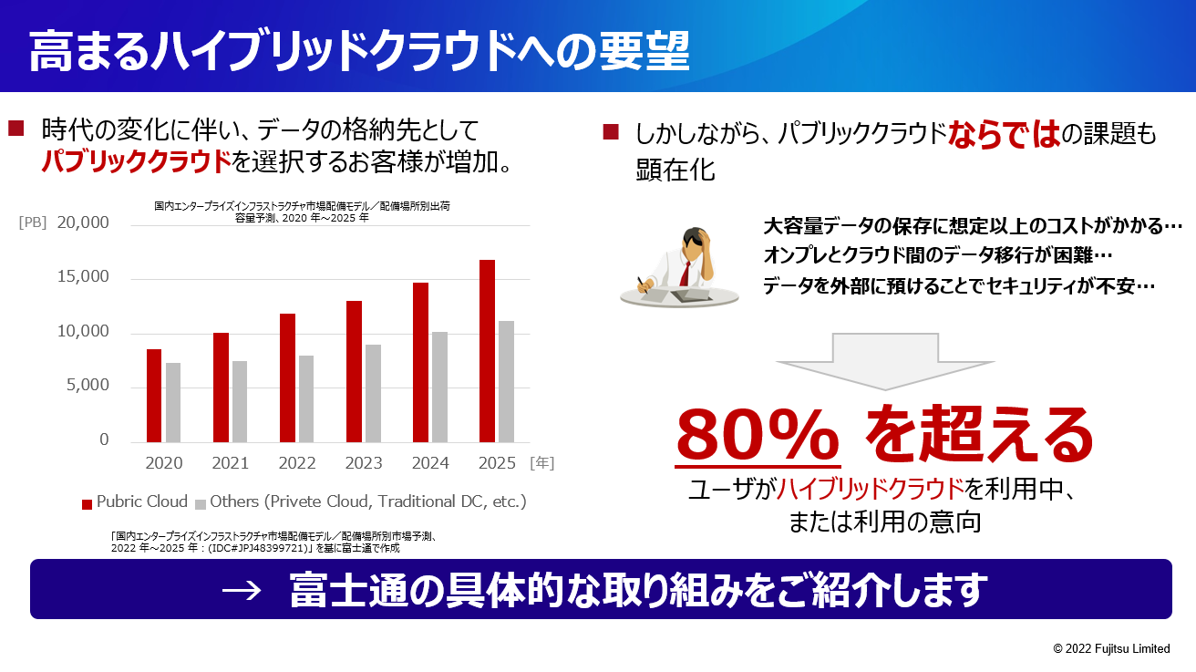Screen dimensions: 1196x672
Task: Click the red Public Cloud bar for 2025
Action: tap(487, 351)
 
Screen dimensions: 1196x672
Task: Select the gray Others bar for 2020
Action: tap(173, 403)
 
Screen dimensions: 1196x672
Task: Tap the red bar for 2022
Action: tap(287, 378)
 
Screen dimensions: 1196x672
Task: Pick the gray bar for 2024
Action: tap(439, 388)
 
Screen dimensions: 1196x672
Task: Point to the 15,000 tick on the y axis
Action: tap(83, 276)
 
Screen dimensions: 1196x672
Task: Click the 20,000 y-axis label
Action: tap(83, 222)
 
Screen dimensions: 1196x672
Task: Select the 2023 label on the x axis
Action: tap(364, 462)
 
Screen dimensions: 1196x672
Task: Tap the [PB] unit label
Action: tap(33, 222)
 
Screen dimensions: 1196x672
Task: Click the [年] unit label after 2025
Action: tap(541, 462)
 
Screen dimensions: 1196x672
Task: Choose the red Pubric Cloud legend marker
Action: tap(87, 504)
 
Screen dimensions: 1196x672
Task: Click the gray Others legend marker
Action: tap(201, 504)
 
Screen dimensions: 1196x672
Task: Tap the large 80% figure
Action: tap(758, 435)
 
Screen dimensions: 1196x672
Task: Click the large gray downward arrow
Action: tap(885, 361)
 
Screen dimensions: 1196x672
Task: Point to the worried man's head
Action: tap(696, 243)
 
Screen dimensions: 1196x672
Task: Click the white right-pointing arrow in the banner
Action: tap(242, 590)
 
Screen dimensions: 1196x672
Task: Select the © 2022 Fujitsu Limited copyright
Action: tap(1111, 648)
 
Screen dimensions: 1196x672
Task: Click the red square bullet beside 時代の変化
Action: tap(16, 129)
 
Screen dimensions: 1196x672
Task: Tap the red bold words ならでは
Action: tap(1004, 133)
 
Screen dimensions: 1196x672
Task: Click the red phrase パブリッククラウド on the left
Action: tap(137, 161)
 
